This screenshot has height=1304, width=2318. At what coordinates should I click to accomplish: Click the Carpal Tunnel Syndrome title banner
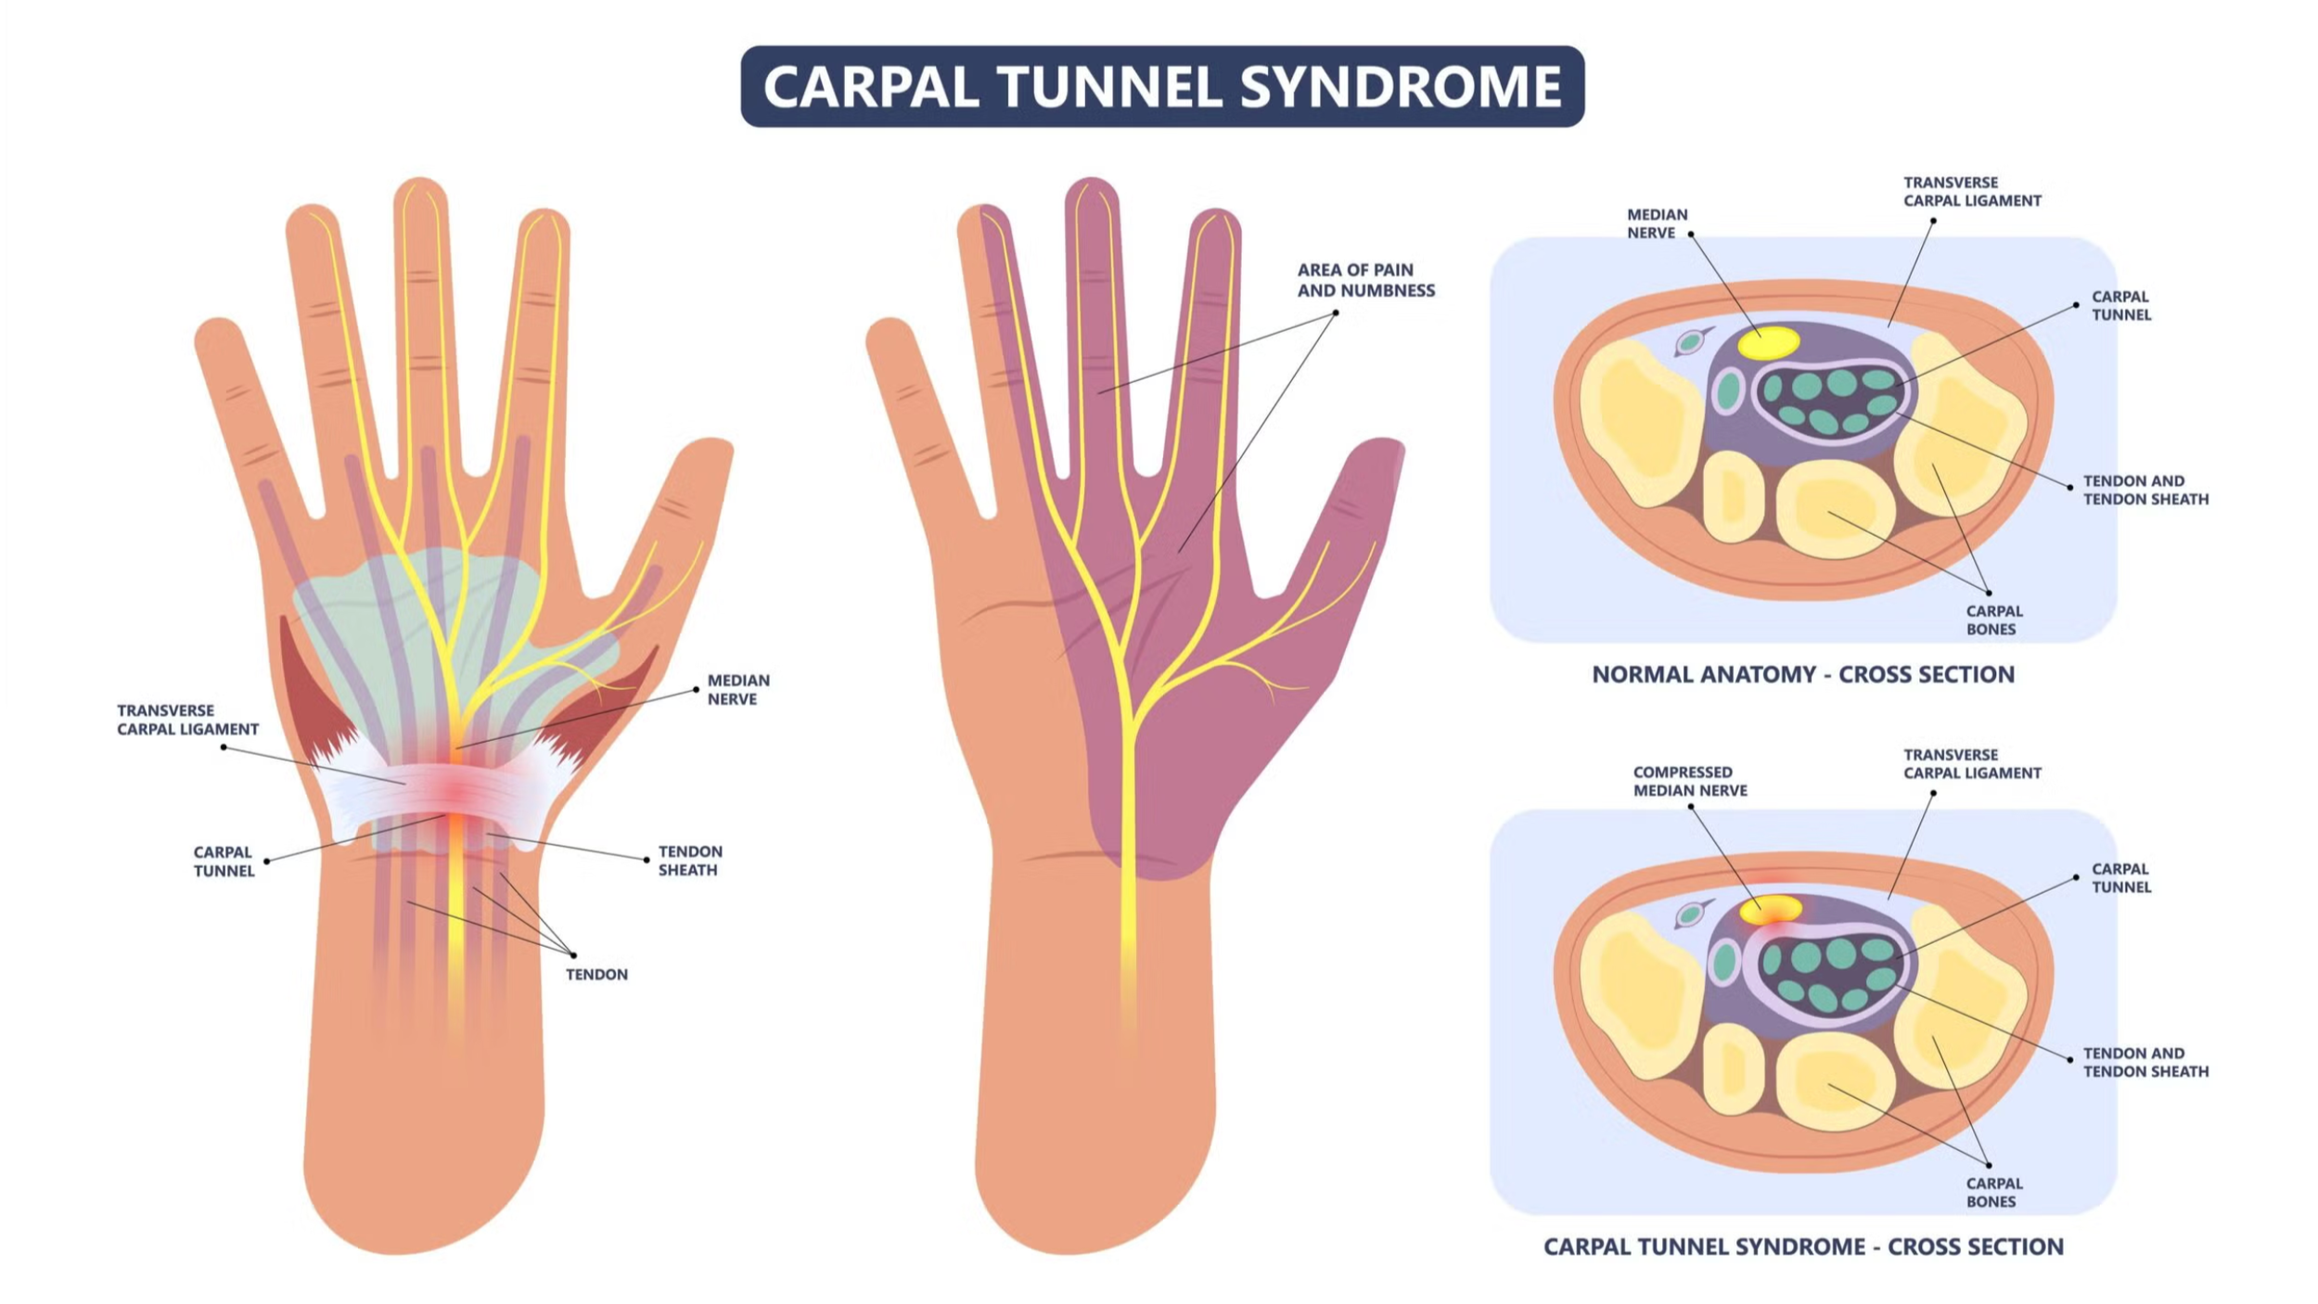[1161, 86]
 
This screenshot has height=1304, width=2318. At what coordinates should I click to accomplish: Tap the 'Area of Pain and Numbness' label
[1365, 280]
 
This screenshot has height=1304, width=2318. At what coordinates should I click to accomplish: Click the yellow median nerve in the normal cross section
[1768, 343]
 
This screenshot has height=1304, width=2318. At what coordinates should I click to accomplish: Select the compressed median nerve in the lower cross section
[1771, 909]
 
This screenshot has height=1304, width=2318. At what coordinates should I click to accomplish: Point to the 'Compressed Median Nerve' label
[1690, 781]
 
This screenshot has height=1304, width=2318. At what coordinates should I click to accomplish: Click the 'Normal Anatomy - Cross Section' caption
[1802, 674]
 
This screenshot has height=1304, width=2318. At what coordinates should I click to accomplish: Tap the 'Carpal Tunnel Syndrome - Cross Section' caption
[1803, 1246]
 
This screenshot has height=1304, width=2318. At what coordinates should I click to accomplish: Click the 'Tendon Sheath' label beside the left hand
[689, 861]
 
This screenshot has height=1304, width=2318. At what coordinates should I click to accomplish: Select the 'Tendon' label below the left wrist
[596, 974]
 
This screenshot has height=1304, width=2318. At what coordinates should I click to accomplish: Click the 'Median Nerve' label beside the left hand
[738, 689]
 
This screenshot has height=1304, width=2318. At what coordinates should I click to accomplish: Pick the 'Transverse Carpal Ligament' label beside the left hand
[187, 720]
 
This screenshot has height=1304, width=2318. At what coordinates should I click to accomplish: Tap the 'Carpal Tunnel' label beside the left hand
[224, 862]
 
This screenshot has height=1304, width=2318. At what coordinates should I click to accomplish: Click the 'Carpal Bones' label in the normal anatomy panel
[1994, 620]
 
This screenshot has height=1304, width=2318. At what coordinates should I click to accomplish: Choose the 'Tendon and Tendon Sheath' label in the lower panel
[2145, 1062]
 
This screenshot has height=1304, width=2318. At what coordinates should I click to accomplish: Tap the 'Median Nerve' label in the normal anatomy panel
[1657, 224]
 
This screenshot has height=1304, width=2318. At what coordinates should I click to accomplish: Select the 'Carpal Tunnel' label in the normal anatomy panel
[2120, 306]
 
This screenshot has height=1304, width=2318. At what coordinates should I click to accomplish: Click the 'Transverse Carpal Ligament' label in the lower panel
[1972, 764]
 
